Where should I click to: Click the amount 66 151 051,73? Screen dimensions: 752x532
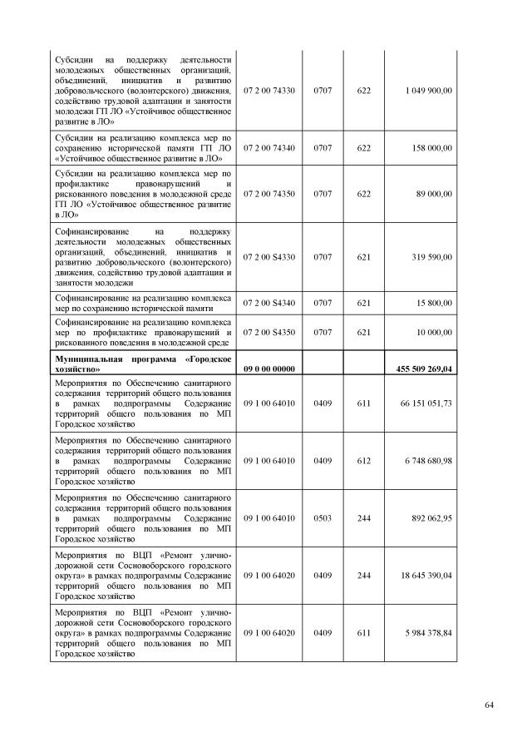click(427, 403)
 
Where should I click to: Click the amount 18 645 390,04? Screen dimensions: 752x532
click(427, 575)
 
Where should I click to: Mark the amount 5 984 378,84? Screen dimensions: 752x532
click(429, 632)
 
